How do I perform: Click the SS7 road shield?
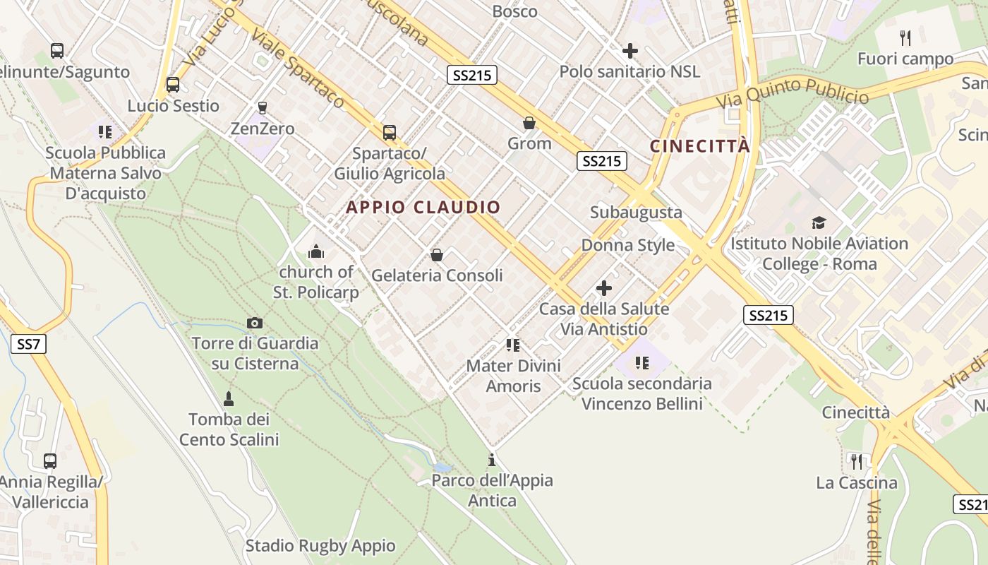tap(29, 345)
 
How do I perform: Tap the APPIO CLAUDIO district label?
tap(423, 208)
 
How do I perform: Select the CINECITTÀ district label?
tap(699, 146)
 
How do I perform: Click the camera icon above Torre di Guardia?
tap(255, 323)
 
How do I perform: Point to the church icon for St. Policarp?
tap(315, 251)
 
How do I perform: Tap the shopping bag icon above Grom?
tap(529, 123)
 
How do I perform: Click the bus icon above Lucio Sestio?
tap(173, 85)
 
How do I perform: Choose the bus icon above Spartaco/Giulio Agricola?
tap(389, 132)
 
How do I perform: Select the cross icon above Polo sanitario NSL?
tap(630, 51)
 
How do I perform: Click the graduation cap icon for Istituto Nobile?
tap(819, 223)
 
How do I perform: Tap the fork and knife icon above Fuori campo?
tap(905, 37)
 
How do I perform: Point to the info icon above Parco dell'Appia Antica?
tap(492, 460)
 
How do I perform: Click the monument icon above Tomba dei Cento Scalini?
tap(228, 399)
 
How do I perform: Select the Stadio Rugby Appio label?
tap(320, 546)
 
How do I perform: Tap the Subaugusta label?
tap(636, 213)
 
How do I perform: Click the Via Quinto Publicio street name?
tap(793, 93)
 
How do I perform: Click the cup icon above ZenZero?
tap(263, 107)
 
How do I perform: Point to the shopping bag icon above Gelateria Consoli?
tap(437, 254)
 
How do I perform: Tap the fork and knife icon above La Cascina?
tap(857, 462)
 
